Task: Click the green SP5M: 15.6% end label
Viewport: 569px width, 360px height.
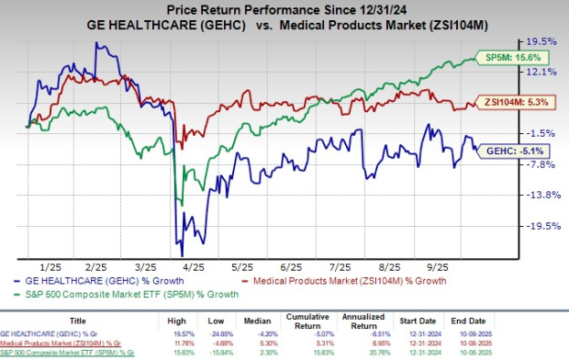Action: coord(505,58)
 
